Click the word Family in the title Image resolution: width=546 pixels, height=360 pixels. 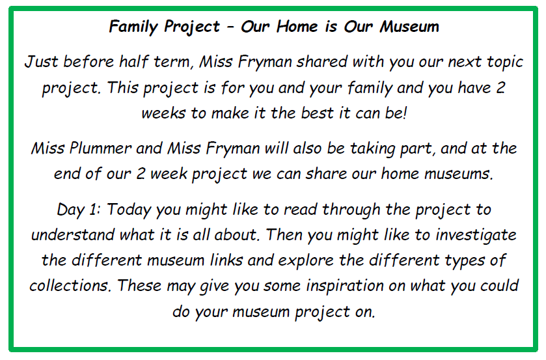point(133,27)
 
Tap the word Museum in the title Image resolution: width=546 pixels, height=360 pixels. point(409,27)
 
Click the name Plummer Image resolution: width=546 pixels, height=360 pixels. point(100,148)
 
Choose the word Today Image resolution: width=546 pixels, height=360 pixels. point(129,210)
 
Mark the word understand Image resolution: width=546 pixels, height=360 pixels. point(72,234)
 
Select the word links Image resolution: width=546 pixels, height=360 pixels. point(226,260)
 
